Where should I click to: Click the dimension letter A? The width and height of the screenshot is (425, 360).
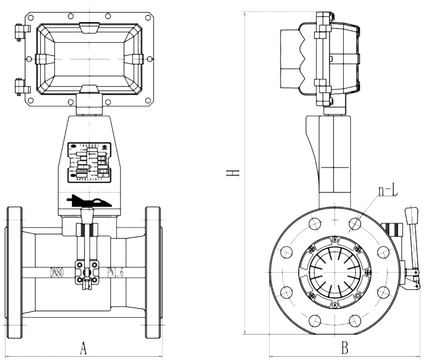(83, 348)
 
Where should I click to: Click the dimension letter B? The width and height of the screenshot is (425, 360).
(344, 348)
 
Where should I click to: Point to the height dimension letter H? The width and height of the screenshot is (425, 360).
(234, 173)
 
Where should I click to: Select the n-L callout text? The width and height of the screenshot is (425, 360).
(387, 190)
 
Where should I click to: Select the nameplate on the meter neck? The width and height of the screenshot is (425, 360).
(89, 163)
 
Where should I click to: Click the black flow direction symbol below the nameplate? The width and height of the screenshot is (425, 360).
(89, 201)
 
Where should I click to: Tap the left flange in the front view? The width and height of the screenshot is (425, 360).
(14, 272)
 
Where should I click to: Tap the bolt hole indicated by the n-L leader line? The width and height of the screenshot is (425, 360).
(355, 224)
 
